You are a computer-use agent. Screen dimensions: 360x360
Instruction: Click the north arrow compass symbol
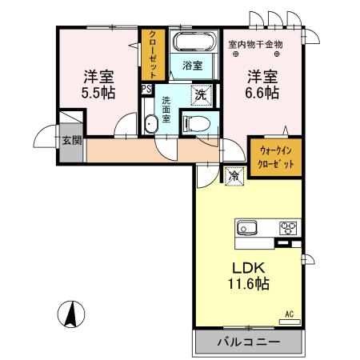(72, 315)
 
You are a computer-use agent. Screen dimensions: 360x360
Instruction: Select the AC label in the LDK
(291, 315)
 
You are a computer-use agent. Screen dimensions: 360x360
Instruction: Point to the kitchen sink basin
(246, 228)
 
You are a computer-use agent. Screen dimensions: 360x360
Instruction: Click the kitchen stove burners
(287, 229)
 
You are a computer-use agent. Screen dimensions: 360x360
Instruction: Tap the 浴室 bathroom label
(191, 65)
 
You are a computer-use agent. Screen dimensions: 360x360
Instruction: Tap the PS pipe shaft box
(146, 89)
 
